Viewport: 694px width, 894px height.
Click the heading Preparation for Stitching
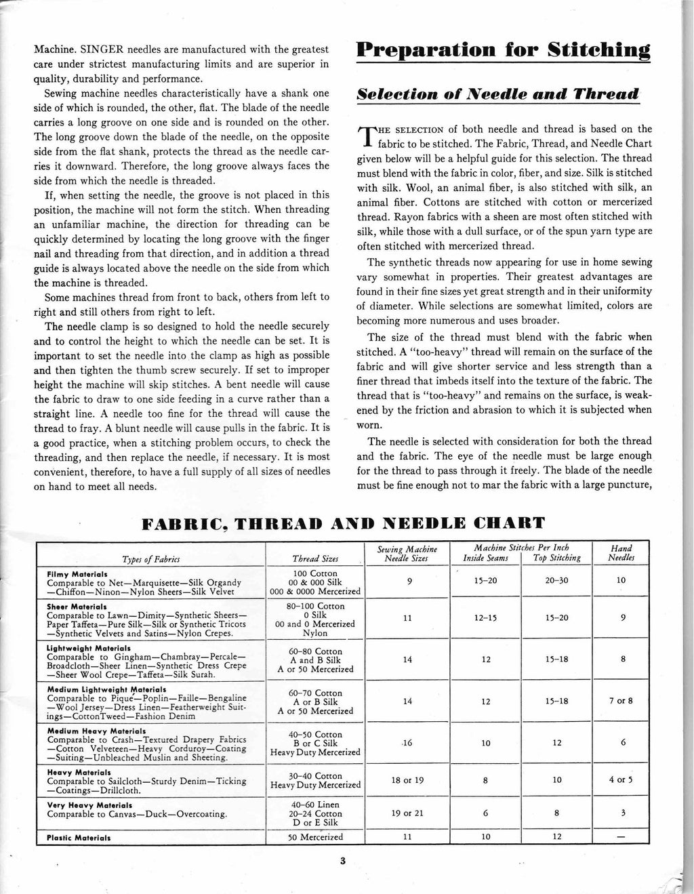click(504, 52)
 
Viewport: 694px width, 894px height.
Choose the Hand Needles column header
click(621, 553)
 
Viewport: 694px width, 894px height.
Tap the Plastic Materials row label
click(79, 837)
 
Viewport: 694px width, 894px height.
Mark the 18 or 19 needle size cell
click(407, 780)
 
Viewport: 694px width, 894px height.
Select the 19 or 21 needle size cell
click(407, 814)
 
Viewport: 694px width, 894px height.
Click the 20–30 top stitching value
click(556, 581)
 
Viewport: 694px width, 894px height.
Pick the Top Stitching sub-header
click(557, 558)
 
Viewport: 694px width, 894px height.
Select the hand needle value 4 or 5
click(621, 780)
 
